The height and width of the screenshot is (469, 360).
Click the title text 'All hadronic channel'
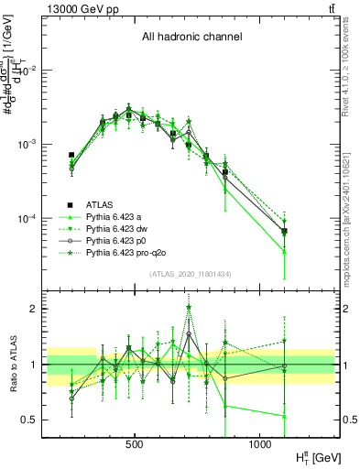[191, 38]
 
